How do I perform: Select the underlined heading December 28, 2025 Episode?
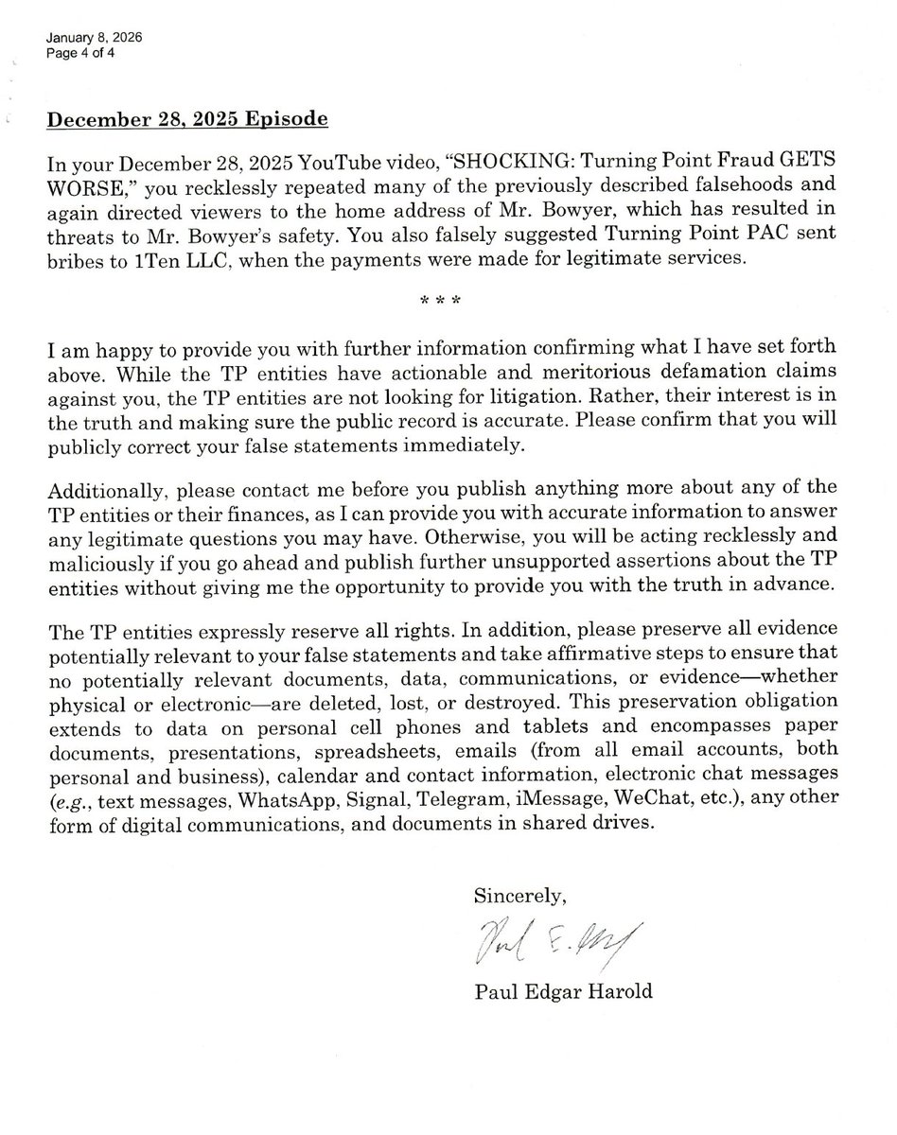188,120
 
